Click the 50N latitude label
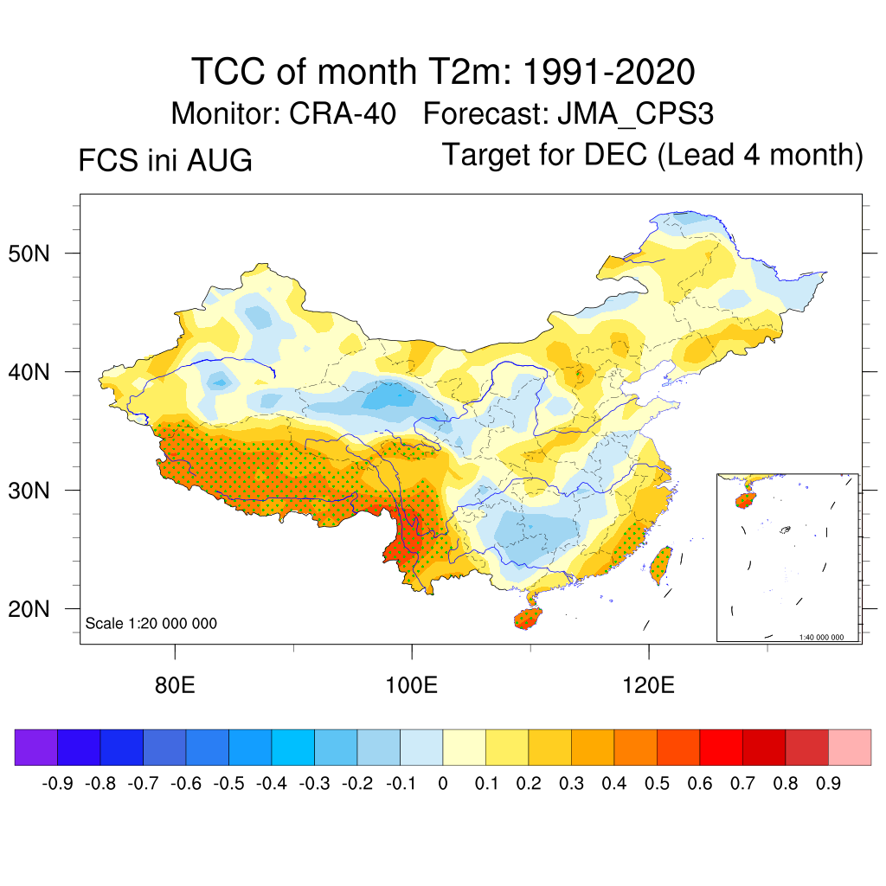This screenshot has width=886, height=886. click(29, 254)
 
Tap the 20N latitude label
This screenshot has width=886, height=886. click(29, 609)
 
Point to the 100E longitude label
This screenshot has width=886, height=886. click(411, 685)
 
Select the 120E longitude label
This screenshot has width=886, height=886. click(648, 685)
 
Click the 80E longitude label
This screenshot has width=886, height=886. click(175, 685)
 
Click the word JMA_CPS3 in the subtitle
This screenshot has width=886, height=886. click(635, 114)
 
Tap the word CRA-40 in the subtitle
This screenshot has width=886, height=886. click(343, 113)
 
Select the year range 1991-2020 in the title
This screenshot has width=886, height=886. click(608, 72)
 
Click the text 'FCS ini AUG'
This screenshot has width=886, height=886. click(165, 160)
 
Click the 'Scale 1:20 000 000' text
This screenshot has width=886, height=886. click(151, 623)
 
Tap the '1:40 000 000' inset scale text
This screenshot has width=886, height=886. click(821, 637)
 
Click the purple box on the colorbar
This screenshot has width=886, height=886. click(36, 747)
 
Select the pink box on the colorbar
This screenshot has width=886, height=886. click(850, 747)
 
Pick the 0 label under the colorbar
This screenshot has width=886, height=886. click(443, 784)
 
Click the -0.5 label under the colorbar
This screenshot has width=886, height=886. click(228, 784)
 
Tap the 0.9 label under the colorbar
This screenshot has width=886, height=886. click(828, 784)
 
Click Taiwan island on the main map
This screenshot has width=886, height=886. click(661, 565)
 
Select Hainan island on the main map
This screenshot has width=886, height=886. click(528, 618)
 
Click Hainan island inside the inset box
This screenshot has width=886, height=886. click(745, 500)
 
